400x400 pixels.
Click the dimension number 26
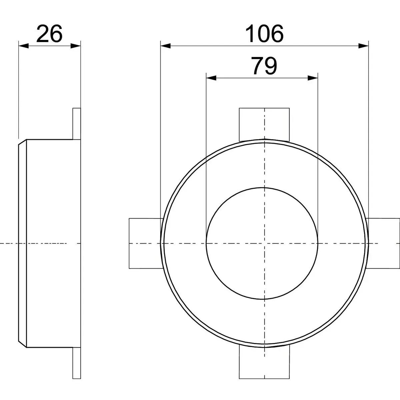(x=49, y=33)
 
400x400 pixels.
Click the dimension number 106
(x=264, y=33)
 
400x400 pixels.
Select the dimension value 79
(x=264, y=66)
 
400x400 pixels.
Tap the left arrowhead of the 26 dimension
(x=23, y=46)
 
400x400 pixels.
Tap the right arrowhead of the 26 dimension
(x=76, y=46)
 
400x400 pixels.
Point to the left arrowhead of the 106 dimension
(x=165, y=46)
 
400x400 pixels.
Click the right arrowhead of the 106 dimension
(x=363, y=46)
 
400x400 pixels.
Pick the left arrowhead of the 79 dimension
(x=211, y=78)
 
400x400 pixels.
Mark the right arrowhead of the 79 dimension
(x=313, y=78)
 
